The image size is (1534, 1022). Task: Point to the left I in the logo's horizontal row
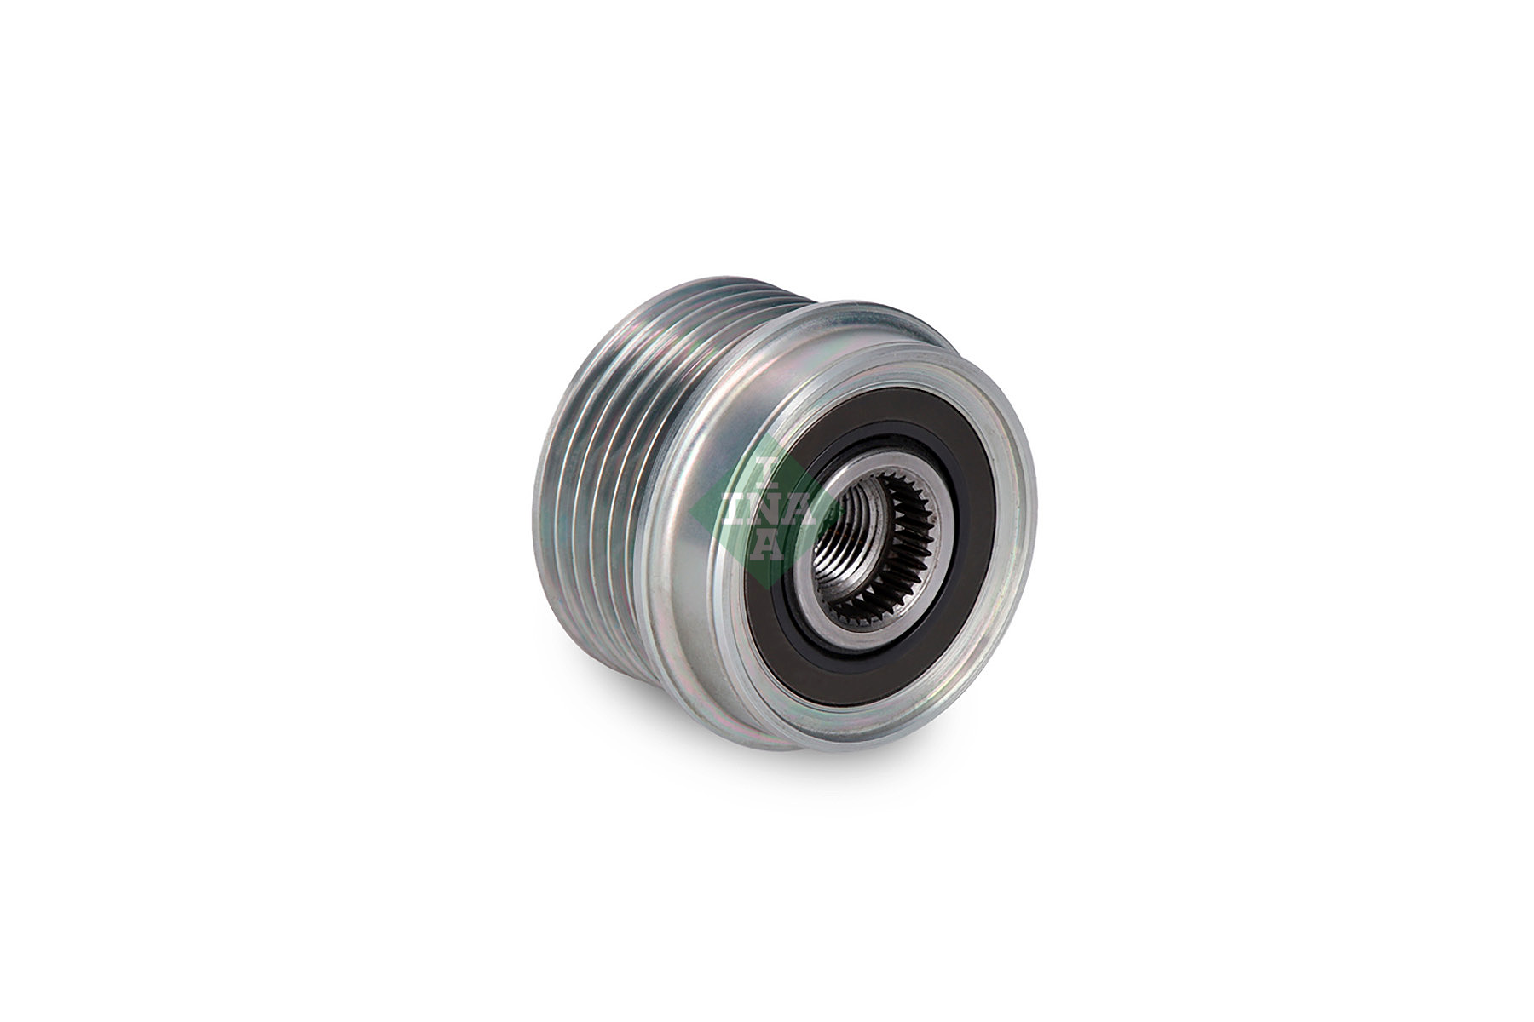732,508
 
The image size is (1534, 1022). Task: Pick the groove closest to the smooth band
635,477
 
